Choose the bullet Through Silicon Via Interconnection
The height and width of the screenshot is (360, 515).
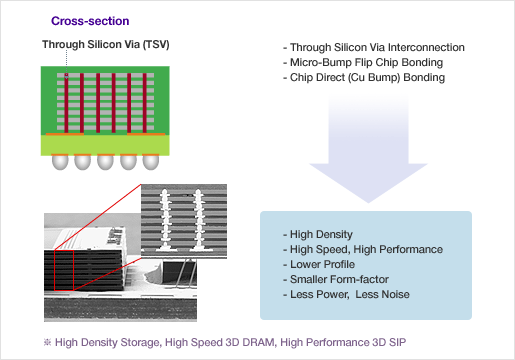(366, 48)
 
